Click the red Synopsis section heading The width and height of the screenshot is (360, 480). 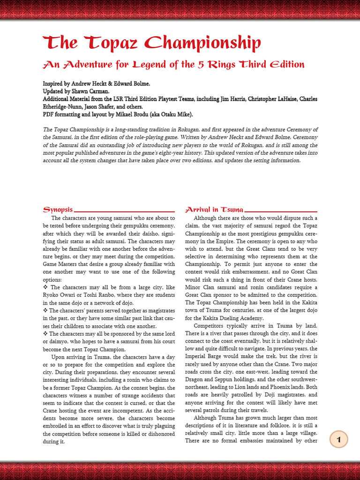[58, 210]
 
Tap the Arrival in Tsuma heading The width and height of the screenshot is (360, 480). [214, 210]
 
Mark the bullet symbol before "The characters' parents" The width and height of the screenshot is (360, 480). [45, 310]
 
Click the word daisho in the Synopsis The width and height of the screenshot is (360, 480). [140, 233]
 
